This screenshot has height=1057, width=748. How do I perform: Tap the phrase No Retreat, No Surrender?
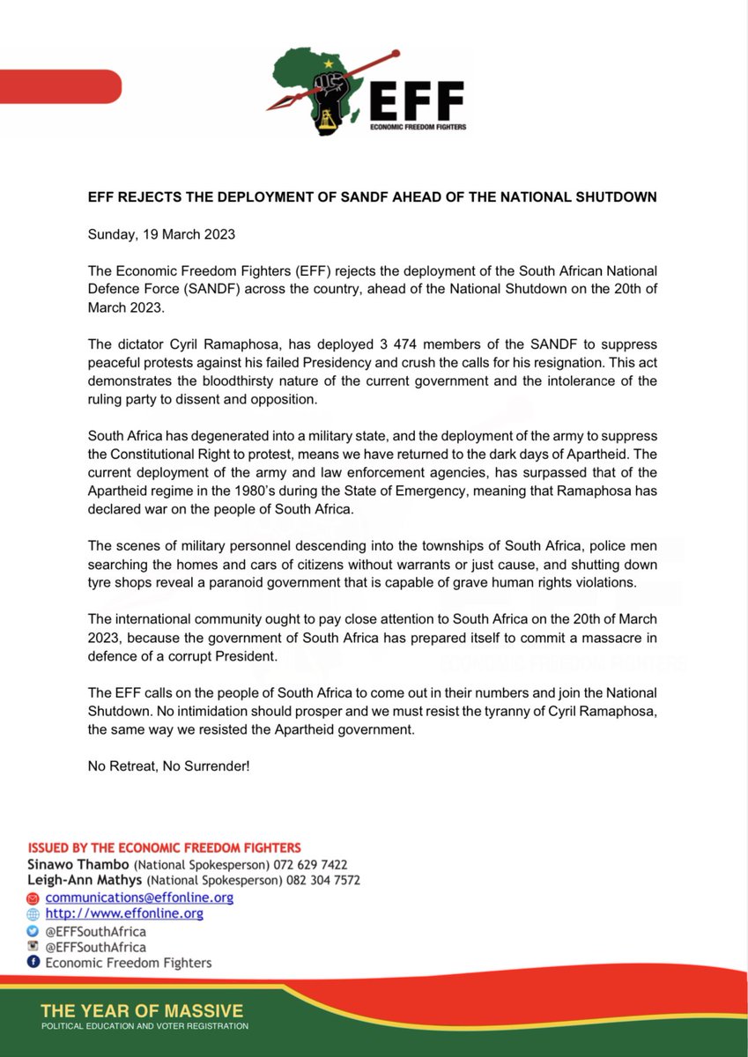[x=169, y=766]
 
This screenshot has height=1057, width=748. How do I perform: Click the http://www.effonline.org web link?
[x=124, y=913]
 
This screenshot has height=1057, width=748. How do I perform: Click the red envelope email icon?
[x=33, y=898]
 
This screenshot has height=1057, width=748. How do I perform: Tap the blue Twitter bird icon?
[x=33, y=931]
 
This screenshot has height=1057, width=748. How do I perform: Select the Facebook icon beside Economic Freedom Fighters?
[x=33, y=963]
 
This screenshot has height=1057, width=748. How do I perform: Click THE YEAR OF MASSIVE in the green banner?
[x=142, y=1010]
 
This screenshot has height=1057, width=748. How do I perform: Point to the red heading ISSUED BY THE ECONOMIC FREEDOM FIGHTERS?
[x=165, y=848]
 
